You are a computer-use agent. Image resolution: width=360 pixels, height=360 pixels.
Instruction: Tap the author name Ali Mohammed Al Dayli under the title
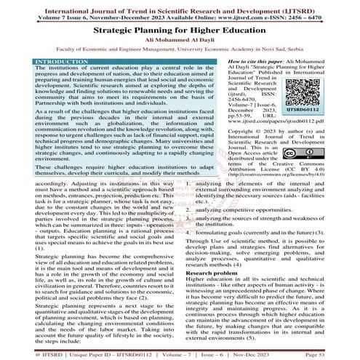(180, 45)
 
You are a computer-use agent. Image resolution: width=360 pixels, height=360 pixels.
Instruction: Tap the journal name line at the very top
(180, 6)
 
